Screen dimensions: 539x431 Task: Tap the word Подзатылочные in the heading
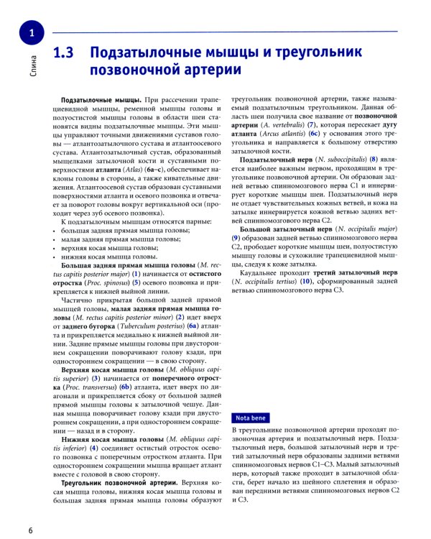(x=152, y=53)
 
